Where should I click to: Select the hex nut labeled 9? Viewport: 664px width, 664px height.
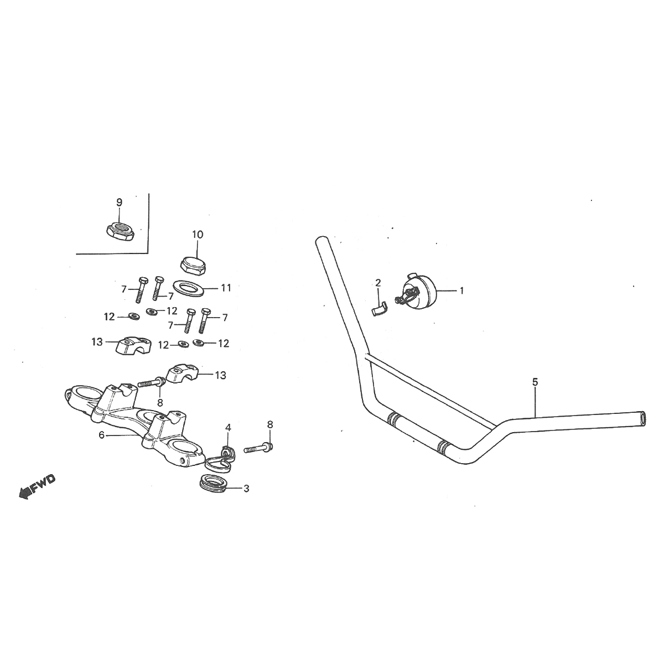120,231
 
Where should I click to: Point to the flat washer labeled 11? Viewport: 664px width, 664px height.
189,288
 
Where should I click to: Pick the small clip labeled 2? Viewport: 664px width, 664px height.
378,307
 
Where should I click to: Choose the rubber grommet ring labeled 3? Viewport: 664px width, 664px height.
213,483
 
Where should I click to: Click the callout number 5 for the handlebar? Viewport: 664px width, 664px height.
535,382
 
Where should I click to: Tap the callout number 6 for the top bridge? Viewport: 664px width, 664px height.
102,435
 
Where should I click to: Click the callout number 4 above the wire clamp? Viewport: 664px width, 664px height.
228,428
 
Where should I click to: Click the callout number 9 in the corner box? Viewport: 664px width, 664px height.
119,203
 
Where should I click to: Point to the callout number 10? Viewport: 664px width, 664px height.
198,235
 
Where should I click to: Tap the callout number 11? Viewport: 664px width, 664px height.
226,288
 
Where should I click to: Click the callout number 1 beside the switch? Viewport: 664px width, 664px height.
461,290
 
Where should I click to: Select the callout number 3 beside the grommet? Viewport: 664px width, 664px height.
246,489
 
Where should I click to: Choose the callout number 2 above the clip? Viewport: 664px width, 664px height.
378,283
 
